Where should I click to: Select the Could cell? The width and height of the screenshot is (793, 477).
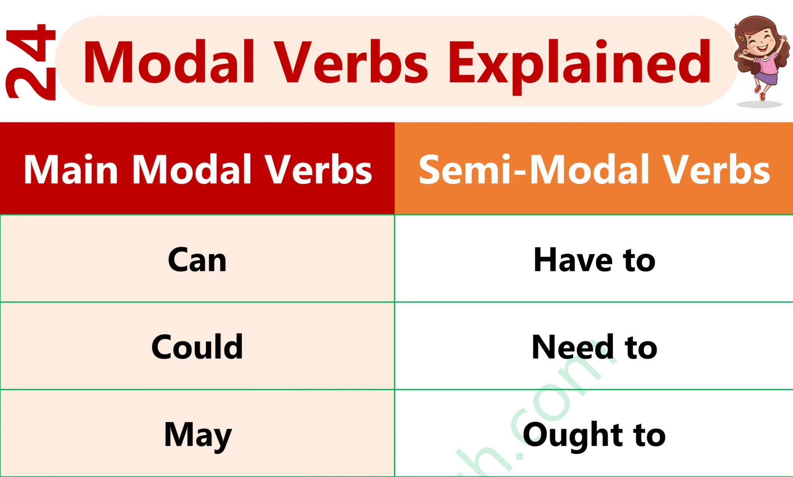[x=197, y=347]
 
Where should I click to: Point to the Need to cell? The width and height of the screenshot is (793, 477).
[x=594, y=347]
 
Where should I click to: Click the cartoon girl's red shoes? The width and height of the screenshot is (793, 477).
[x=760, y=92]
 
